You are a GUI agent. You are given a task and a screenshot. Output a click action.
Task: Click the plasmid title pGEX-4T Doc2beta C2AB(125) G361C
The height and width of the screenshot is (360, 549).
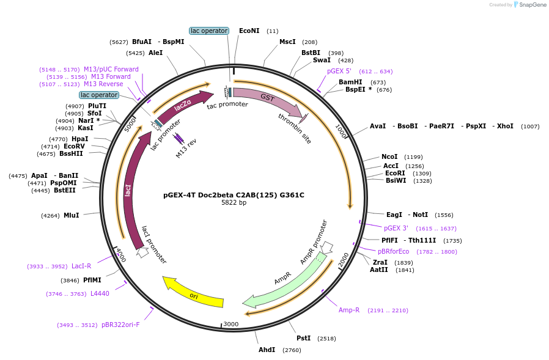click(x=234, y=195)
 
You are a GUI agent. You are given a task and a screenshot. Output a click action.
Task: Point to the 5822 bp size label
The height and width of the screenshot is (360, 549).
click(x=234, y=203)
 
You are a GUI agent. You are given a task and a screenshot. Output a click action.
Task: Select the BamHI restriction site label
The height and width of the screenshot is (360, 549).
click(x=350, y=82)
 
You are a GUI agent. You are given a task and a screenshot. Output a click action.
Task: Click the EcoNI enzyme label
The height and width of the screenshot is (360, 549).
click(x=249, y=31)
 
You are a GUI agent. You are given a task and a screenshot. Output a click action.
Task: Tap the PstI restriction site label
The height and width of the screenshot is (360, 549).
click(x=304, y=338)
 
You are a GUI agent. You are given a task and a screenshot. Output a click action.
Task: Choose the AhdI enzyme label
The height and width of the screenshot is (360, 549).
click(x=267, y=350)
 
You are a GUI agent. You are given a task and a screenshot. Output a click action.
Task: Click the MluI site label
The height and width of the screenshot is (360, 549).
click(x=72, y=215)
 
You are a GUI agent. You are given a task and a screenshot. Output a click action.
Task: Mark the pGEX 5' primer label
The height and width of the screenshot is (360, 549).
click(x=339, y=71)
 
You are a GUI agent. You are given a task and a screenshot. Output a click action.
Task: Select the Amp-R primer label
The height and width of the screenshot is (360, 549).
click(x=349, y=310)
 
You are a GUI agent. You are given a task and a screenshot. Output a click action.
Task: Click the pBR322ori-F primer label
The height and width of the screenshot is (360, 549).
click(x=120, y=325)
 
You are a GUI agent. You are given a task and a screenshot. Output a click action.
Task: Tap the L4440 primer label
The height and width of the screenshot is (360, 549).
click(x=100, y=293)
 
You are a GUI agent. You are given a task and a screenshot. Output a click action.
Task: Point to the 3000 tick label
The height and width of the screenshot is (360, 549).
click(x=230, y=324)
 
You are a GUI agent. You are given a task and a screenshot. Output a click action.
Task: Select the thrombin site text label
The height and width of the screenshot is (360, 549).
click(x=295, y=128)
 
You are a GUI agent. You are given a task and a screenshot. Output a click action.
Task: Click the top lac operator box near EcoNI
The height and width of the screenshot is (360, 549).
click(x=209, y=31)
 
